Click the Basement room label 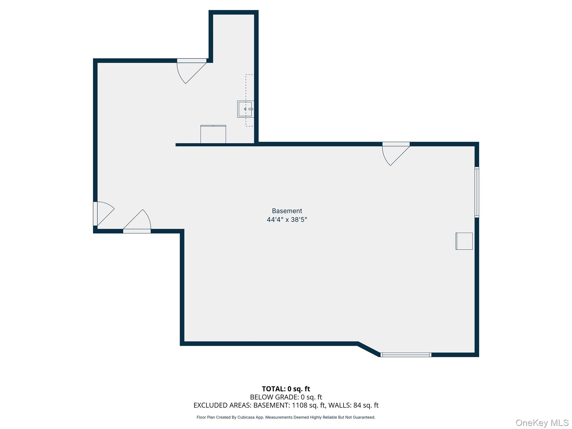(287, 211)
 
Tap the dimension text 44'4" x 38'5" (287, 220)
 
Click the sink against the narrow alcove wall (246, 109)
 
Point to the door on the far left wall (102, 214)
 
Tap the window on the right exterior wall (477, 192)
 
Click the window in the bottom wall (406, 355)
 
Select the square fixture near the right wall (464, 241)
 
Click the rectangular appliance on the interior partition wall (213, 134)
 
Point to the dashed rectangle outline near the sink (249, 84)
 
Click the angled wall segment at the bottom (369, 349)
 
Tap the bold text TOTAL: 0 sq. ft (286, 389)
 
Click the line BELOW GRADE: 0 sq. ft (286, 397)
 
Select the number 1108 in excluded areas (300, 405)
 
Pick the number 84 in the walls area (357, 405)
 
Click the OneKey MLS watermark (542, 423)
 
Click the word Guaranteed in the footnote (364, 417)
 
